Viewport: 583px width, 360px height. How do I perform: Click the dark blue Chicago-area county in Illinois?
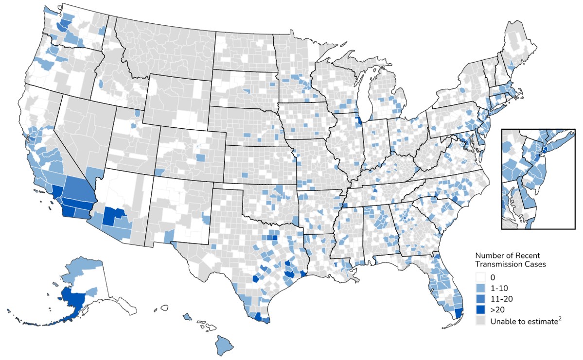coord(358,121)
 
